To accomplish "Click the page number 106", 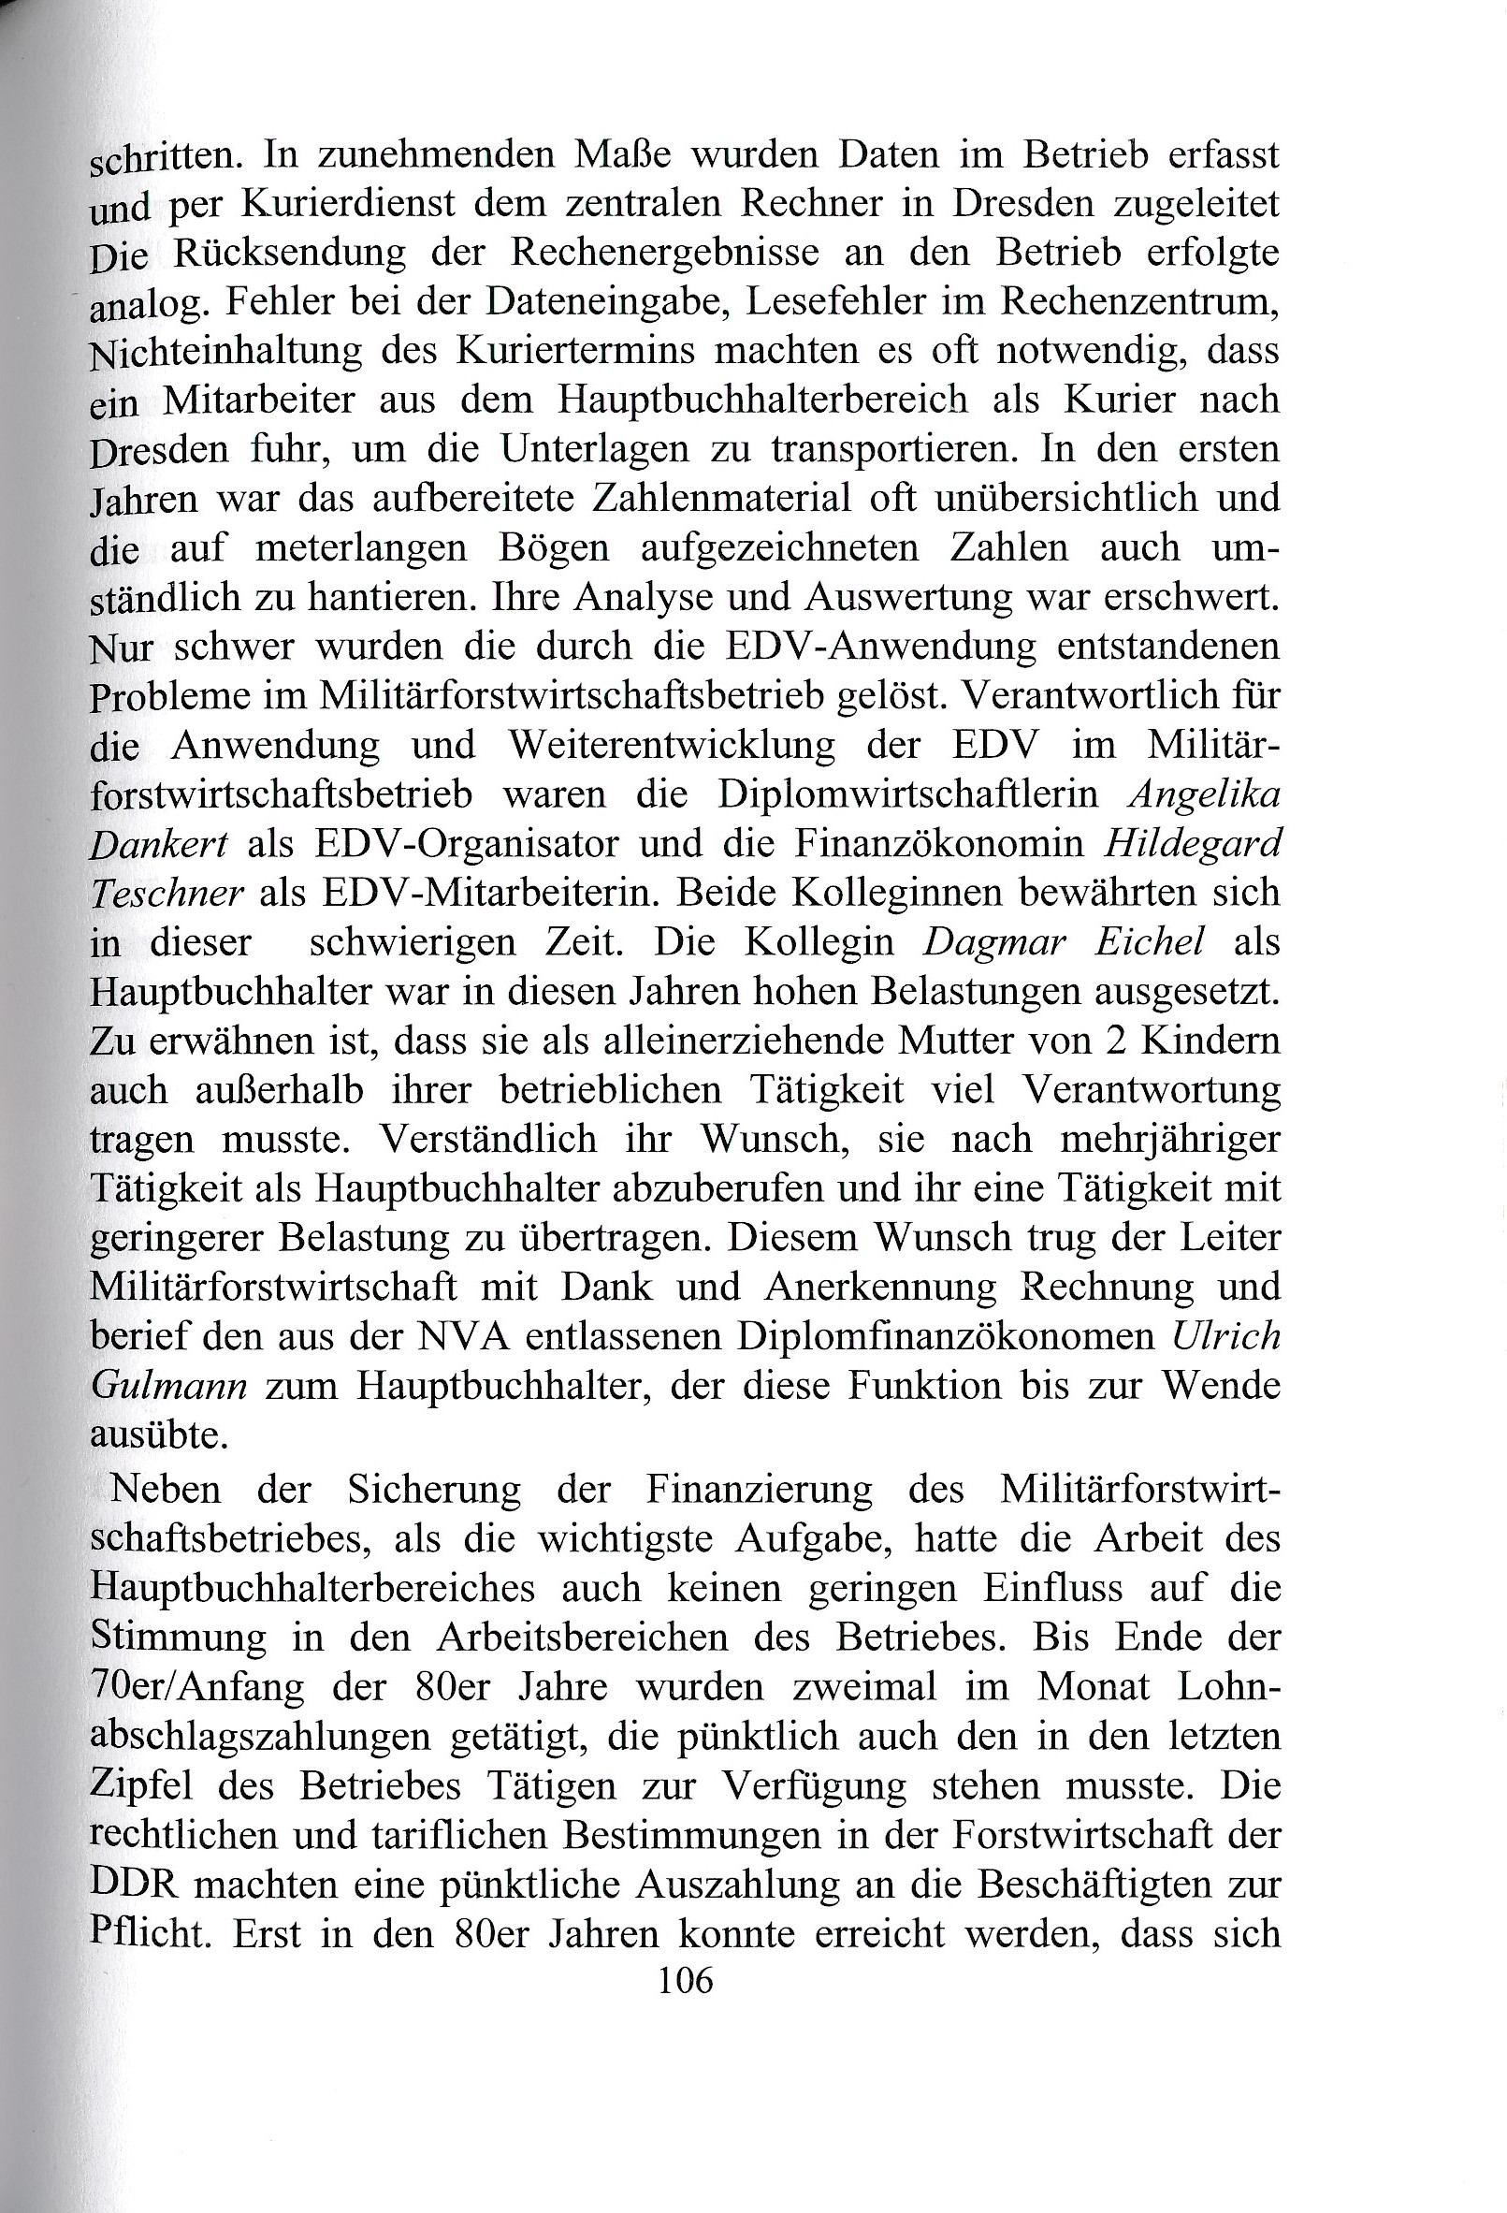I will point(686,1982).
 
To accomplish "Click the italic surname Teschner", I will point(167,895).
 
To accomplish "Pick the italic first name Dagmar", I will point(996,943).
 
